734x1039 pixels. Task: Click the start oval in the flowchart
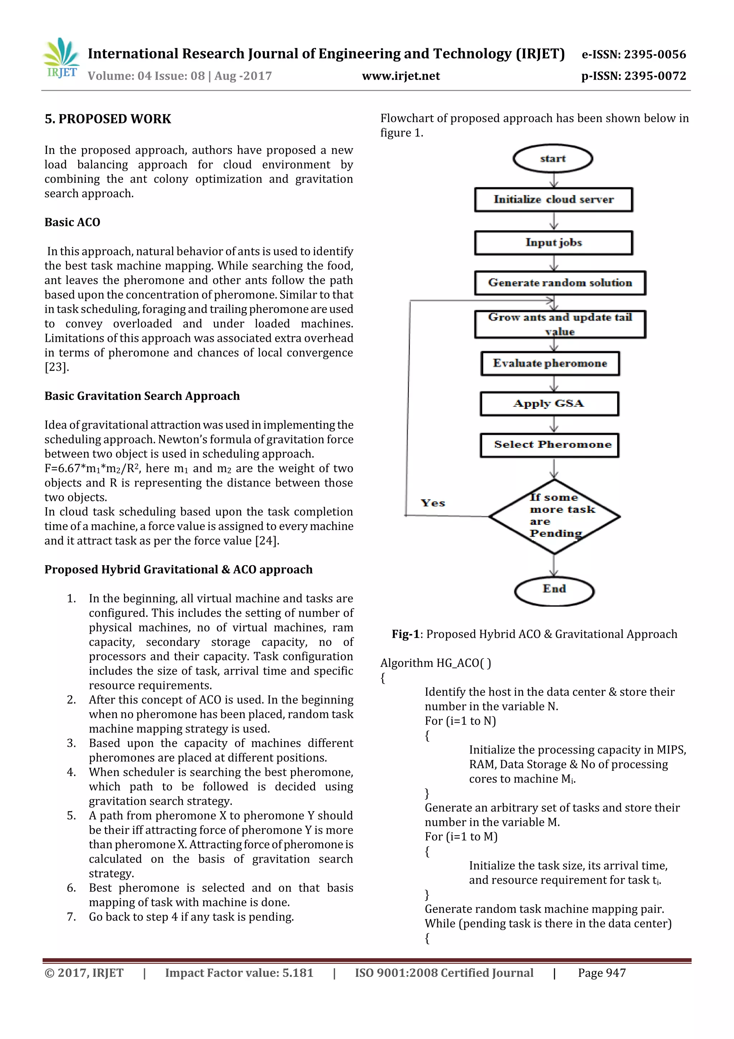pyautogui.click(x=552, y=159)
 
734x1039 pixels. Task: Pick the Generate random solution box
pyautogui.click(x=560, y=283)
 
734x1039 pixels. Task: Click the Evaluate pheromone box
pyautogui.click(x=550, y=363)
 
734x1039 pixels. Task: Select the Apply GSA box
pyautogui.click(x=549, y=403)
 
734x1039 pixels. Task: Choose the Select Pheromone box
pyautogui.click(x=549, y=445)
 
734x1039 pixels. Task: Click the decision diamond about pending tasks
pyautogui.click(x=554, y=516)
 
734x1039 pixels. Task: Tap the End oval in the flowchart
pyautogui.click(x=554, y=590)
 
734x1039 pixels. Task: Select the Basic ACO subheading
pyautogui.click(x=72, y=222)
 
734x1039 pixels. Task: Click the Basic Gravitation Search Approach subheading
pyautogui.click(x=142, y=396)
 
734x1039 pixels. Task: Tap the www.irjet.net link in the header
pyautogui.click(x=401, y=76)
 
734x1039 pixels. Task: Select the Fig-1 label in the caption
pyautogui.click(x=406, y=634)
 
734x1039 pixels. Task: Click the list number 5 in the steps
pyautogui.click(x=71, y=816)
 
